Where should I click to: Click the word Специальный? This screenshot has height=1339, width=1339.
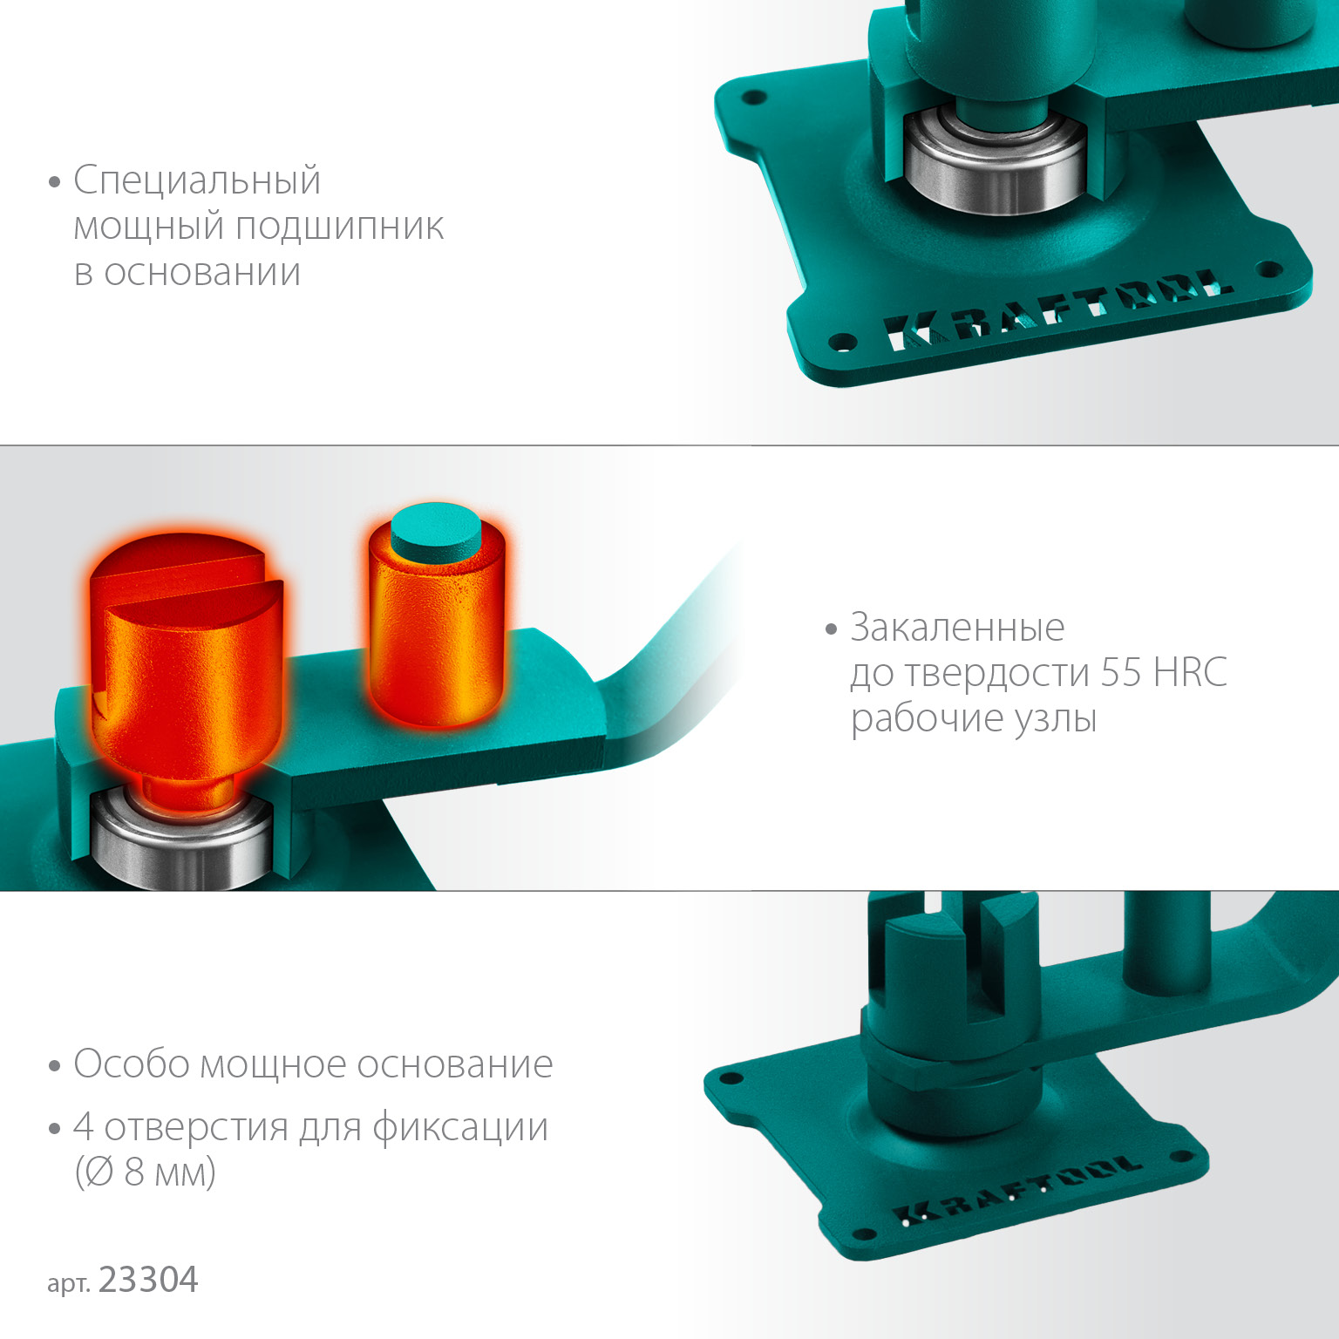pyautogui.click(x=197, y=181)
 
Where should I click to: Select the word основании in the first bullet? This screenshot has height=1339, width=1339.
pyautogui.click(x=202, y=272)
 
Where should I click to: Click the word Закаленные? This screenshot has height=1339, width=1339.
pyautogui.click(x=957, y=628)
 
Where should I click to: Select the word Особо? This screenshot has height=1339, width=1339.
pyautogui.click(x=131, y=1064)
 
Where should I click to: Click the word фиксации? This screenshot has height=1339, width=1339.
pyautogui.click(x=460, y=1127)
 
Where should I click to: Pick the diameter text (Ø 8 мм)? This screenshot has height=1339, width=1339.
pyautogui.click(x=145, y=1172)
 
